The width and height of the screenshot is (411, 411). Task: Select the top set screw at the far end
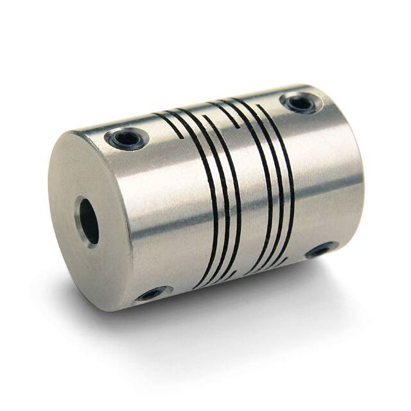tap(301, 101)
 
